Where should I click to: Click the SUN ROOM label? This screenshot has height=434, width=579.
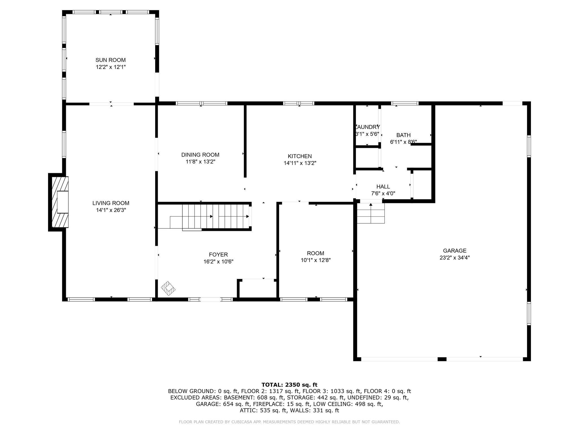pyautogui.click(x=110, y=60)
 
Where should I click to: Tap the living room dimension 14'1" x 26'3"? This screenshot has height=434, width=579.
pyautogui.click(x=111, y=210)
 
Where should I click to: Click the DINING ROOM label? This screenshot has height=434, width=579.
pyautogui.click(x=200, y=155)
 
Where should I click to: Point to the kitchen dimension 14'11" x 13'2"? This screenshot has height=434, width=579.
pyautogui.click(x=300, y=163)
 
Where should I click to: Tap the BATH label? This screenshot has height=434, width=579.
pyautogui.click(x=403, y=135)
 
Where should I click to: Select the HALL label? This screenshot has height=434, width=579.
pyautogui.click(x=383, y=186)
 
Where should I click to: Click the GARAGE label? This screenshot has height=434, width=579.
pyautogui.click(x=455, y=250)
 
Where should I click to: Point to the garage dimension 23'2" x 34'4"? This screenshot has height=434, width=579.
pyautogui.click(x=455, y=257)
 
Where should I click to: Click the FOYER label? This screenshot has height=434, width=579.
pyautogui.click(x=218, y=255)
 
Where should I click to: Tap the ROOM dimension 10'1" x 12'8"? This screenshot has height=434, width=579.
pyautogui.click(x=316, y=260)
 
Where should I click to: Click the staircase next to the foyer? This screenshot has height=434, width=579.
pyautogui.click(x=215, y=216)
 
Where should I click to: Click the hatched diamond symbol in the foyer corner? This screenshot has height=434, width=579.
pyautogui.click(x=168, y=288)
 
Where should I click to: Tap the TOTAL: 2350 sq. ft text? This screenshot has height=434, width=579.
pyautogui.click(x=289, y=385)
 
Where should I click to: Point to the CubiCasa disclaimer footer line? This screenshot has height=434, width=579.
pyautogui.click(x=289, y=422)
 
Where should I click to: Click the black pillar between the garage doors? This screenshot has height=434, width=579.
pyautogui.click(x=442, y=359)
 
